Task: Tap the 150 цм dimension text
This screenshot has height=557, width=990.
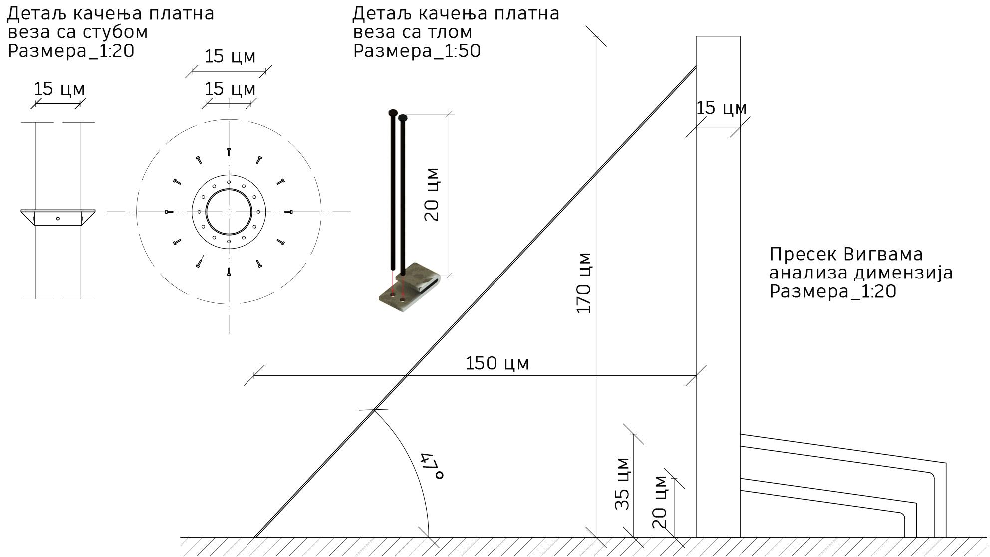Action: tap(497, 363)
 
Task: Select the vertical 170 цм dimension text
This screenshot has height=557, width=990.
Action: tap(583, 283)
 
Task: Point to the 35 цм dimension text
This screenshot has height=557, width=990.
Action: tap(622, 483)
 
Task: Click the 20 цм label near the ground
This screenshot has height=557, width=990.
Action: tap(659, 502)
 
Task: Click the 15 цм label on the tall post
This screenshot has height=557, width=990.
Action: tap(722, 108)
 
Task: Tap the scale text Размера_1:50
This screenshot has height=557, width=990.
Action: tap(417, 51)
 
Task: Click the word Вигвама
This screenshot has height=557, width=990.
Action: tap(883, 255)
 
